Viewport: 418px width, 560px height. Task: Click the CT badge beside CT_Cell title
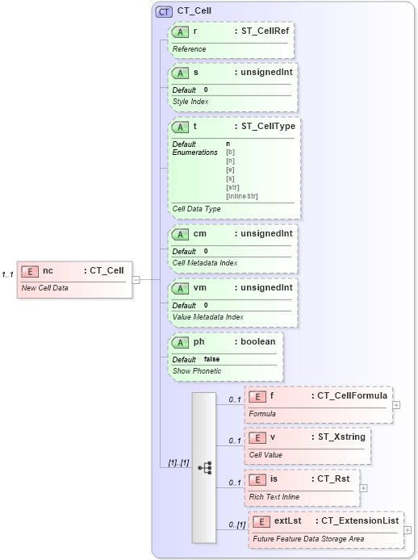(164, 11)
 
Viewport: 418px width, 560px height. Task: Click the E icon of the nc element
(30, 271)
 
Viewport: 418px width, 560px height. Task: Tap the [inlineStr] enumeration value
(241, 196)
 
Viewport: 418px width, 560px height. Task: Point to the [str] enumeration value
(232, 187)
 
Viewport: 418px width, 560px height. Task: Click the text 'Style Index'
(190, 102)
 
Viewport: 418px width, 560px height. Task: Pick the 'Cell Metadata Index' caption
(206, 262)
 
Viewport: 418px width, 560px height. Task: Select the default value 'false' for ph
(211, 359)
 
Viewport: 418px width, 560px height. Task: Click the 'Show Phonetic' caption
(196, 371)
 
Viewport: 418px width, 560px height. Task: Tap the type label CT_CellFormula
(351, 396)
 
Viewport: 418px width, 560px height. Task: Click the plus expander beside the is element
(364, 487)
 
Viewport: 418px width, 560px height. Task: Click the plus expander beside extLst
(408, 530)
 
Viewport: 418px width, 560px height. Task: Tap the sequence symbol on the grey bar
(204, 467)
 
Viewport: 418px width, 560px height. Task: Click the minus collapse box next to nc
(136, 280)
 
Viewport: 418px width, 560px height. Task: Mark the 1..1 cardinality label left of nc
(8, 275)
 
